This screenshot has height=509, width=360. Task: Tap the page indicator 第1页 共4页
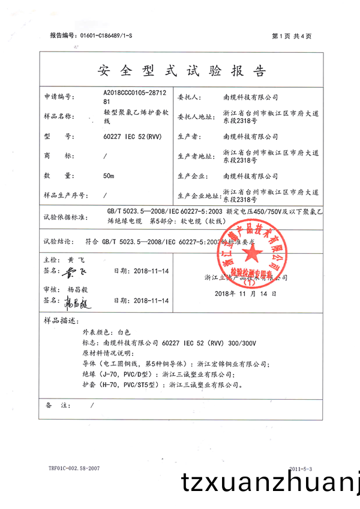(x=292, y=36)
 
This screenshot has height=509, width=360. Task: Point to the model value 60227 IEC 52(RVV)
(x=129, y=136)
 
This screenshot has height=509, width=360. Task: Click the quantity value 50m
(x=109, y=176)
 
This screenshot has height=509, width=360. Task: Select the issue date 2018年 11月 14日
(x=245, y=294)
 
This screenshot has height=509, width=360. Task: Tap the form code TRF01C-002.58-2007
(x=74, y=468)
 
